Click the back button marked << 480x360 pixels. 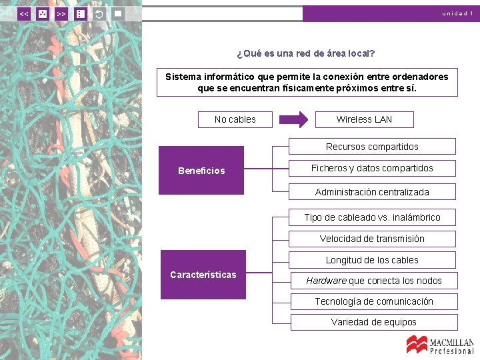[24, 13]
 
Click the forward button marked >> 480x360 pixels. [61, 13]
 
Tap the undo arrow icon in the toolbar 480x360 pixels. [99, 13]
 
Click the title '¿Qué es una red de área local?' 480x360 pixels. [306, 53]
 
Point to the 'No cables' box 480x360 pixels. [235, 119]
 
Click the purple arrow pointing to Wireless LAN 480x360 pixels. [293, 119]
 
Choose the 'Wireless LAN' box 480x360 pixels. [364, 119]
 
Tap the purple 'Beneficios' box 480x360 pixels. [201, 171]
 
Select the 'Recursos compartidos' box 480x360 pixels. [372, 147]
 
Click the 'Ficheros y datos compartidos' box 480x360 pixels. [372, 168]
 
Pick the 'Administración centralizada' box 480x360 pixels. [372, 192]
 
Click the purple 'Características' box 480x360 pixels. [203, 275]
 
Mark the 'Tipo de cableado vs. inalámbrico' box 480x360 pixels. [372, 217]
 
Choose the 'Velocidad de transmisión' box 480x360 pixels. [372, 239]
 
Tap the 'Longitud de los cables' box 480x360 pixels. [372, 260]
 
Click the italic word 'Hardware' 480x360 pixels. [326, 281]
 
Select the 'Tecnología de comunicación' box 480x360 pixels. [373, 301]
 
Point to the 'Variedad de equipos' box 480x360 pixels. [373, 322]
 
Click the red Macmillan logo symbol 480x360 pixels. [417, 344]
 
